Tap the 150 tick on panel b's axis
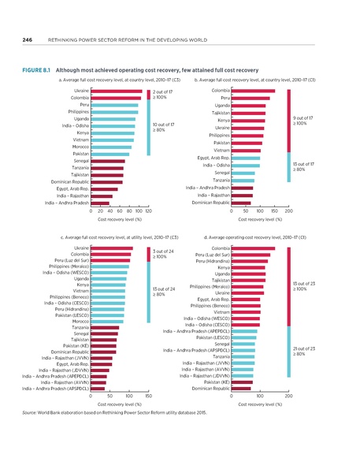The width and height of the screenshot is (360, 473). (274, 211)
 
